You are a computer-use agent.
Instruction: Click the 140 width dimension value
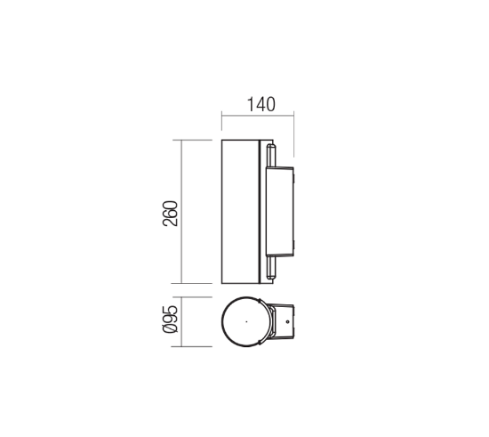coord(257,104)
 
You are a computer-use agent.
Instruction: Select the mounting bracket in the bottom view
coord(280,322)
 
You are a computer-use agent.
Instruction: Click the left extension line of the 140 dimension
coord(220,123)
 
